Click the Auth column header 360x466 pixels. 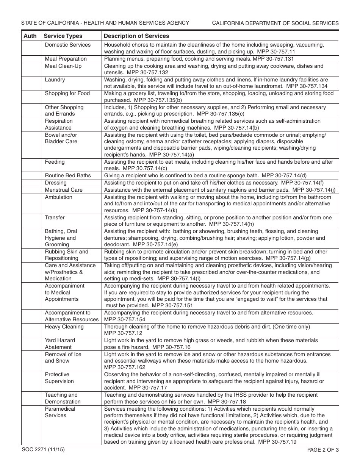30,36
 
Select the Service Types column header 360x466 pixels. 63,36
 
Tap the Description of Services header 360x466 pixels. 136,36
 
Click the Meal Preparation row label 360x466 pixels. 66,59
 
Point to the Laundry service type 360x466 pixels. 55,80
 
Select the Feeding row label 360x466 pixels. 55,162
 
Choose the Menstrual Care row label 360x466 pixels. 64,190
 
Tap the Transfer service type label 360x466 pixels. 55,217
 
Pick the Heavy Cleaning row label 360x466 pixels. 64,327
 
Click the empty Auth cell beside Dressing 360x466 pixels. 31,183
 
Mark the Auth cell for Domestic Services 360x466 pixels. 31,48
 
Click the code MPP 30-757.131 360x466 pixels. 273,59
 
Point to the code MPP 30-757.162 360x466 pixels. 125,367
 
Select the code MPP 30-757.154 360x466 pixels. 125,319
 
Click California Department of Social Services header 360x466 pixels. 275,23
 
